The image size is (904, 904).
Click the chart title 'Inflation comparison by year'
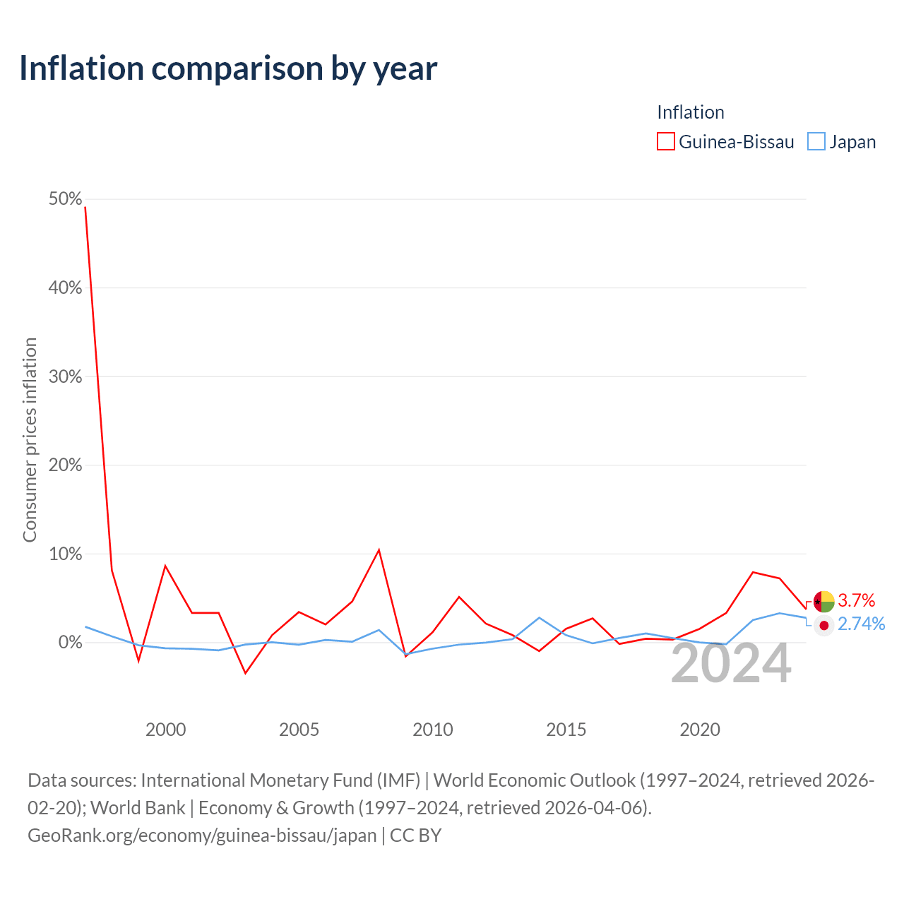(x=228, y=69)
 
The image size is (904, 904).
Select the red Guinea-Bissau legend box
(x=665, y=141)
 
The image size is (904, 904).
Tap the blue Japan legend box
(x=816, y=141)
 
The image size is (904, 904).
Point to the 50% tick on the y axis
(x=65, y=199)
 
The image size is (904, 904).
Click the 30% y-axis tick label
(x=65, y=376)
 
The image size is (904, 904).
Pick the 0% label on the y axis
(x=71, y=642)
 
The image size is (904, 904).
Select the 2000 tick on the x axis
(x=165, y=730)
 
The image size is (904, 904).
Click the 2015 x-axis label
(x=566, y=730)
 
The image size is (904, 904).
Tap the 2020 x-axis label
(x=700, y=730)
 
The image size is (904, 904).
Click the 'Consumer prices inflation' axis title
(x=30, y=440)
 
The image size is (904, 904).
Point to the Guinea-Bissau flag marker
(x=823, y=602)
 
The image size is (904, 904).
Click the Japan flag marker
(x=823, y=625)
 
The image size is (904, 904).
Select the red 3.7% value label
(x=856, y=600)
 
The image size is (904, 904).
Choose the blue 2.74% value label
(x=862, y=624)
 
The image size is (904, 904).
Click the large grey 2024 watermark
(x=731, y=663)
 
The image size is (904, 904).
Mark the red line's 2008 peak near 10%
(x=379, y=549)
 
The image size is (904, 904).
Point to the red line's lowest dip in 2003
(x=245, y=673)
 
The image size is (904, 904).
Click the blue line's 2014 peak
(x=540, y=618)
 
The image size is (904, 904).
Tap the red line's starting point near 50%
(x=85, y=208)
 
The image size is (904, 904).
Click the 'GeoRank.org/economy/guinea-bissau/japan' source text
(x=202, y=835)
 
